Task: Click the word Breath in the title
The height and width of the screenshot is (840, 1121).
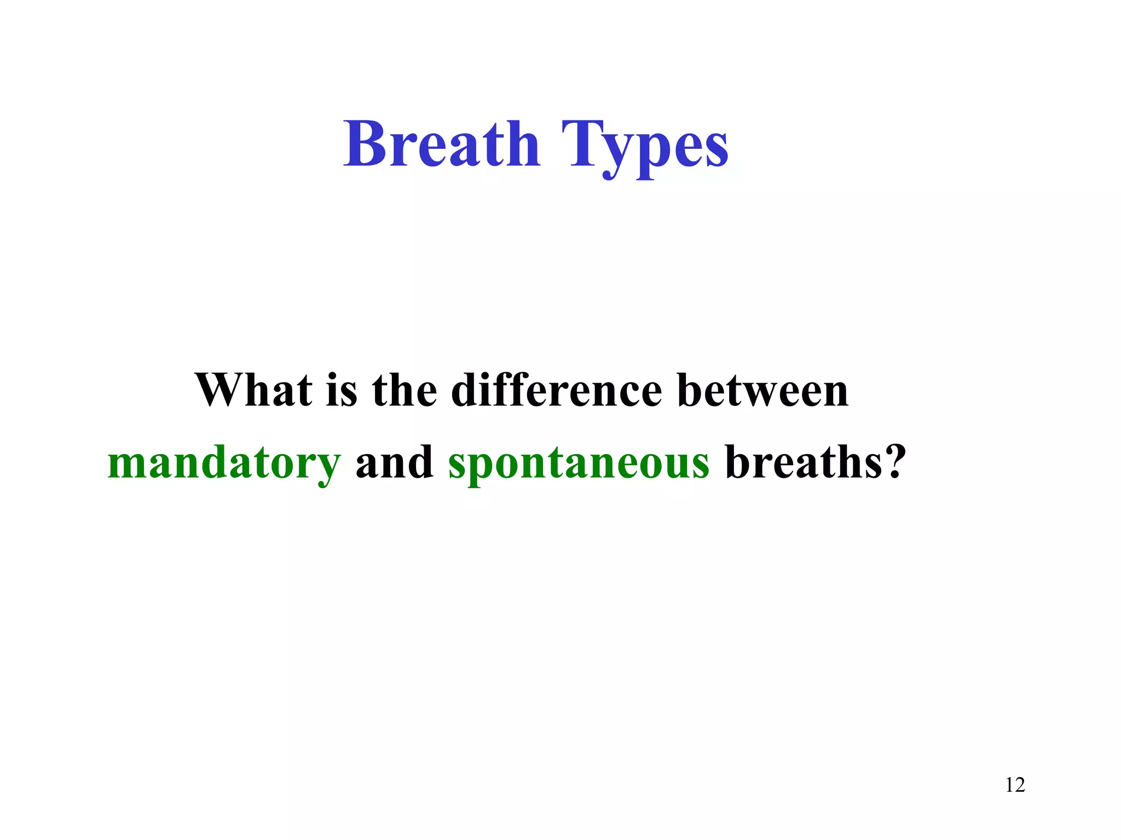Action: tap(442, 144)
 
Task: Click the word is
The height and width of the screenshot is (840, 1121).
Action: tap(342, 390)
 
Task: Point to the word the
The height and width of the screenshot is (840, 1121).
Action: tap(405, 390)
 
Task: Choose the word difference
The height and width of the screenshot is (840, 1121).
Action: tap(557, 390)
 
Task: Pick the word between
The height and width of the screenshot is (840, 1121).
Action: tap(762, 390)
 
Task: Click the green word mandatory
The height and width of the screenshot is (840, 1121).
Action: tap(224, 463)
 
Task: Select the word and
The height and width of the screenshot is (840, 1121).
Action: tap(394, 462)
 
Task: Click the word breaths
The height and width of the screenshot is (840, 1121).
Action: tap(802, 462)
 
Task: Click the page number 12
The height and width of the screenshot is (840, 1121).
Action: tap(1015, 785)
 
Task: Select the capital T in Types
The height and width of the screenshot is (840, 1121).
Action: tap(582, 144)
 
